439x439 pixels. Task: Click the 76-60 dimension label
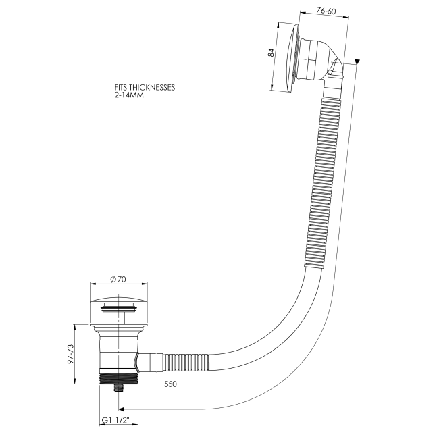pyautogui.click(x=326, y=11)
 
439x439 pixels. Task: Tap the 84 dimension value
pyautogui.click(x=272, y=53)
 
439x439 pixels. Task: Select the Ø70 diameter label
pyautogui.click(x=118, y=279)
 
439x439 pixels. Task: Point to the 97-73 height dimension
pyautogui.click(x=70, y=354)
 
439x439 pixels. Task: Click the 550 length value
pyautogui.click(x=170, y=384)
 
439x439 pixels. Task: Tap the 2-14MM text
pyautogui.click(x=129, y=95)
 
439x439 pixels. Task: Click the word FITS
pyautogui.click(x=121, y=88)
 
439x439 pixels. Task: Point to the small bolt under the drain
pyautogui.click(x=119, y=388)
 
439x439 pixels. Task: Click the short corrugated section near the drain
pyautogui.click(x=186, y=363)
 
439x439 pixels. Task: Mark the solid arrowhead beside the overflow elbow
pyautogui.click(x=357, y=62)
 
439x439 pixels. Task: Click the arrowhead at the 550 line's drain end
pyautogui.click(x=121, y=409)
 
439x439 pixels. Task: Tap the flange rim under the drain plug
pyautogui.click(x=119, y=326)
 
